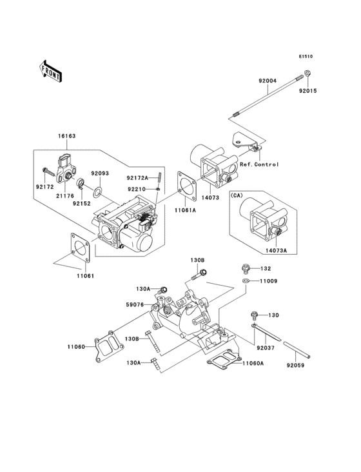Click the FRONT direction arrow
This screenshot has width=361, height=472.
[x=50, y=72]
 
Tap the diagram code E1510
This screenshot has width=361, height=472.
[x=306, y=56]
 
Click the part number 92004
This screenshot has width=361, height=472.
[x=268, y=81]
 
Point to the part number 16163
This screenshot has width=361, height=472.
[x=67, y=136]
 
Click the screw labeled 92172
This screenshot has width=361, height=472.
[x=48, y=172]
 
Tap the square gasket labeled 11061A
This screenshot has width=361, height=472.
[x=187, y=186]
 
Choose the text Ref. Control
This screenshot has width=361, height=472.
[x=259, y=164]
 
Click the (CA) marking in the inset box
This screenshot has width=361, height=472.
[x=236, y=195]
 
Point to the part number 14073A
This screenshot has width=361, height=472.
[x=276, y=250]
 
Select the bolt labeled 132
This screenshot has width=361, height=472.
[x=246, y=269]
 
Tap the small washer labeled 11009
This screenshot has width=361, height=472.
[x=246, y=281]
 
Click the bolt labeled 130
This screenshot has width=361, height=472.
[x=255, y=316]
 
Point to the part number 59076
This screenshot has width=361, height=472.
[x=135, y=304]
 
